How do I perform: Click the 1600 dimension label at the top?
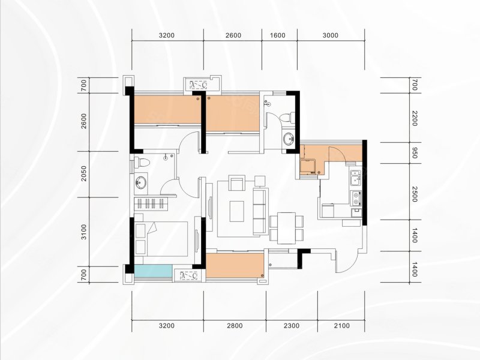(x=278, y=35)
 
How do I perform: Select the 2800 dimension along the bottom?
(x=235, y=325)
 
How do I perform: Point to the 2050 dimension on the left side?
(x=84, y=173)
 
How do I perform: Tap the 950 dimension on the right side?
(x=414, y=153)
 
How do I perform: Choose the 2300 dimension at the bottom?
(x=292, y=325)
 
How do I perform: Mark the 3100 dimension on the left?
(x=84, y=232)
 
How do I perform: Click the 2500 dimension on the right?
(x=414, y=194)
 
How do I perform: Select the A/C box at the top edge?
(x=199, y=85)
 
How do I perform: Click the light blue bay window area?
(x=153, y=271)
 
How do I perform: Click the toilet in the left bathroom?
(x=142, y=162)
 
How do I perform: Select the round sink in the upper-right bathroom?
(x=288, y=139)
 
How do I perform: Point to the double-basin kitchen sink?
(x=356, y=178)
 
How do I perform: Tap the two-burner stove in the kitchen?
(x=356, y=198)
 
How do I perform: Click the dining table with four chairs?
(x=287, y=228)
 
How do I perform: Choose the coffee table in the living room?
(x=237, y=211)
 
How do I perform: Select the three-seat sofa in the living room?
(x=260, y=212)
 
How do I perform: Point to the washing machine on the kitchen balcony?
(x=307, y=167)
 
